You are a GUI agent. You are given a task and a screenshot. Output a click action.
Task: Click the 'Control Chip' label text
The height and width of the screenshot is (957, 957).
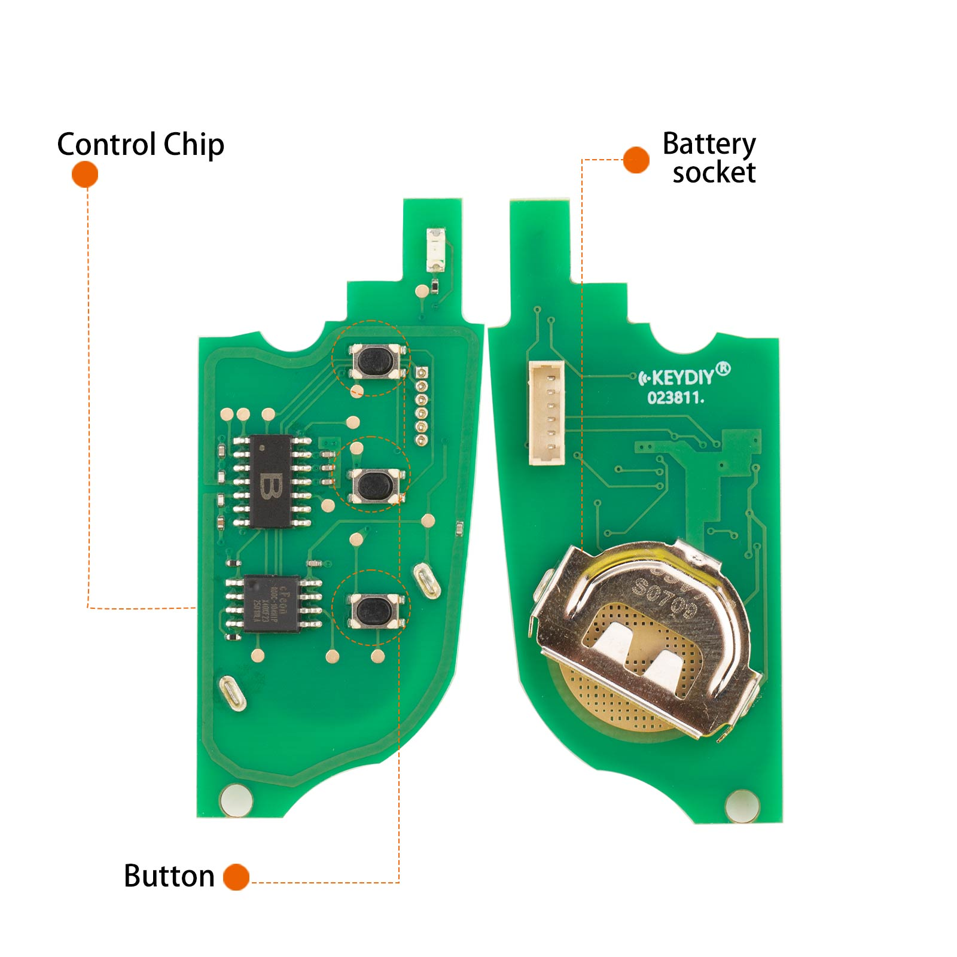tap(141, 145)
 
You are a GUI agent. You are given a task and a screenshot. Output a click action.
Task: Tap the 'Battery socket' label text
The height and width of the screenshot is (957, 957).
tap(710, 158)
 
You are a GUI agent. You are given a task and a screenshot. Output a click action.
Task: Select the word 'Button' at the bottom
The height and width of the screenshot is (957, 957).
tap(169, 876)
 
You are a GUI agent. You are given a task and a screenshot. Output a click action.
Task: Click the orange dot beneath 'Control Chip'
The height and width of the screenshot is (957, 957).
tap(85, 175)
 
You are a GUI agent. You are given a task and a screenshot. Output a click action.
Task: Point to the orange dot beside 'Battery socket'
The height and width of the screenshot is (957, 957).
tap(636, 160)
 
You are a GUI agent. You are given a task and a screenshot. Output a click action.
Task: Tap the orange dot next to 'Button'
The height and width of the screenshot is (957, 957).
tap(236, 877)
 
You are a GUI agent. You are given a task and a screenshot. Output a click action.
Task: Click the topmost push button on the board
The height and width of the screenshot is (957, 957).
tap(374, 361)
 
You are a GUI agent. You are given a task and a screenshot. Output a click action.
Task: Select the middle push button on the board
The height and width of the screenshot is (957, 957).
tap(374, 484)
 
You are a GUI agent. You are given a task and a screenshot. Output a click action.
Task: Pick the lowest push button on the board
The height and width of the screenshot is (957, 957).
tap(374, 610)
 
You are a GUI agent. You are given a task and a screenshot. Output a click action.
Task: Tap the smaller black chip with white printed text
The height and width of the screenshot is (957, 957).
tap(272, 603)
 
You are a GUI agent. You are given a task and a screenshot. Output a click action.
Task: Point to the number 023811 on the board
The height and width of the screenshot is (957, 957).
tap(675, 398)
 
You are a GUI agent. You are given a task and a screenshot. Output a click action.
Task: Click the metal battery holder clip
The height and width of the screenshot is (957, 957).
tap(646, 634)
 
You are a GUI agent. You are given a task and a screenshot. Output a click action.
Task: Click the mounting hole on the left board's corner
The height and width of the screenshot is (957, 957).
tap(236, 800)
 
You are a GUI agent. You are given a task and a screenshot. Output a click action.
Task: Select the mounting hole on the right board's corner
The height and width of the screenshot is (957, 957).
tap(742, 805)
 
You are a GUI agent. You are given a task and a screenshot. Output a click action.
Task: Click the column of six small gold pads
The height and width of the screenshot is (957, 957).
tap(421, 406)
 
